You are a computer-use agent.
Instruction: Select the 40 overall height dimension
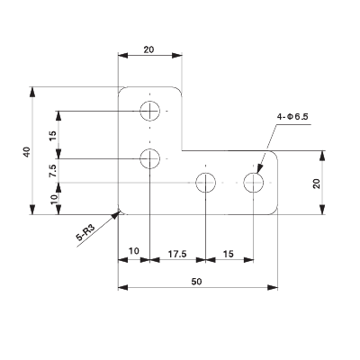(27, 151)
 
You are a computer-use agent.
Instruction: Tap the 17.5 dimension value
(177, 255)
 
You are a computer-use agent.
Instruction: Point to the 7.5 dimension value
(54, 171)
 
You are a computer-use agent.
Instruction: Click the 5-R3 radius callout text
(85, 236)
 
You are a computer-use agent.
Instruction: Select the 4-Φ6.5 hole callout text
(293, 117)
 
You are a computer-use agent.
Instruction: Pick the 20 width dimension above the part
(150, 51)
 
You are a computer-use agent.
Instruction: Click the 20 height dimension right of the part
(316, 183)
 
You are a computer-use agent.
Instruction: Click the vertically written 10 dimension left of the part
(54, 200)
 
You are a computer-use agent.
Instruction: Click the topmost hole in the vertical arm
(150, 111)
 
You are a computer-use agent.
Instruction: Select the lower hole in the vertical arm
(150, 159)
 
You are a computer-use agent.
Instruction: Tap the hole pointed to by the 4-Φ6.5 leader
(254, 184)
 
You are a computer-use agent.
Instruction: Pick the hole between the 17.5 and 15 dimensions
(206, 184)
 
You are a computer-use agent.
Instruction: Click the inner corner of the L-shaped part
(183, 151)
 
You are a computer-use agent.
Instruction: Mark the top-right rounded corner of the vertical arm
(180, 90)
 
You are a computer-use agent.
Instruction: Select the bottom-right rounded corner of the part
(273, 212)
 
